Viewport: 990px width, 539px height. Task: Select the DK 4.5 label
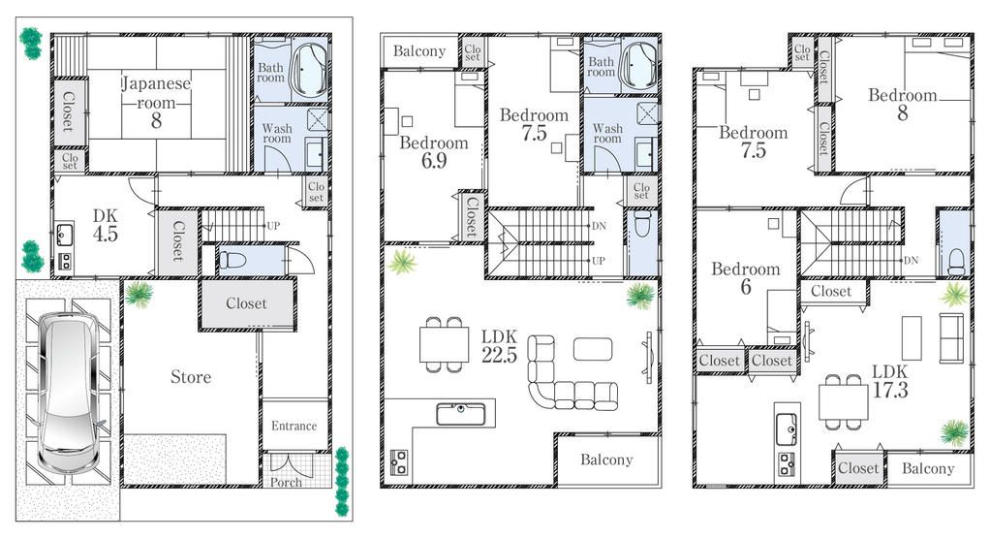(105, 225)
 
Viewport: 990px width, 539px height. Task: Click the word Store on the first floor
(191, 376)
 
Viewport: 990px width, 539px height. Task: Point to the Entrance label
(294, 426)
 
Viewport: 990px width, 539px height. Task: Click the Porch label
(285, 482)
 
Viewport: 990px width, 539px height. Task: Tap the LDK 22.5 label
(499, 345)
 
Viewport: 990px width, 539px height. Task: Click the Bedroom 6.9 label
(433, 151)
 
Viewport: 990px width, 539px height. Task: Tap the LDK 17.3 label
(889, 381)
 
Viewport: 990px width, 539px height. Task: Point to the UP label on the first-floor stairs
(273, 226)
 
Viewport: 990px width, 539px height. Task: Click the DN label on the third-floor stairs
(911, 260)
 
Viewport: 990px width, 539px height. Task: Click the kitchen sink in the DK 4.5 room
(65, 234)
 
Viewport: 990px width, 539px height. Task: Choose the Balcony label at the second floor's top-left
(419, 51)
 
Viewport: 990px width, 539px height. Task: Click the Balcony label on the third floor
(928, 468)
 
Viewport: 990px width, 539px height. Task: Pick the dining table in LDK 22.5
(444, 344)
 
